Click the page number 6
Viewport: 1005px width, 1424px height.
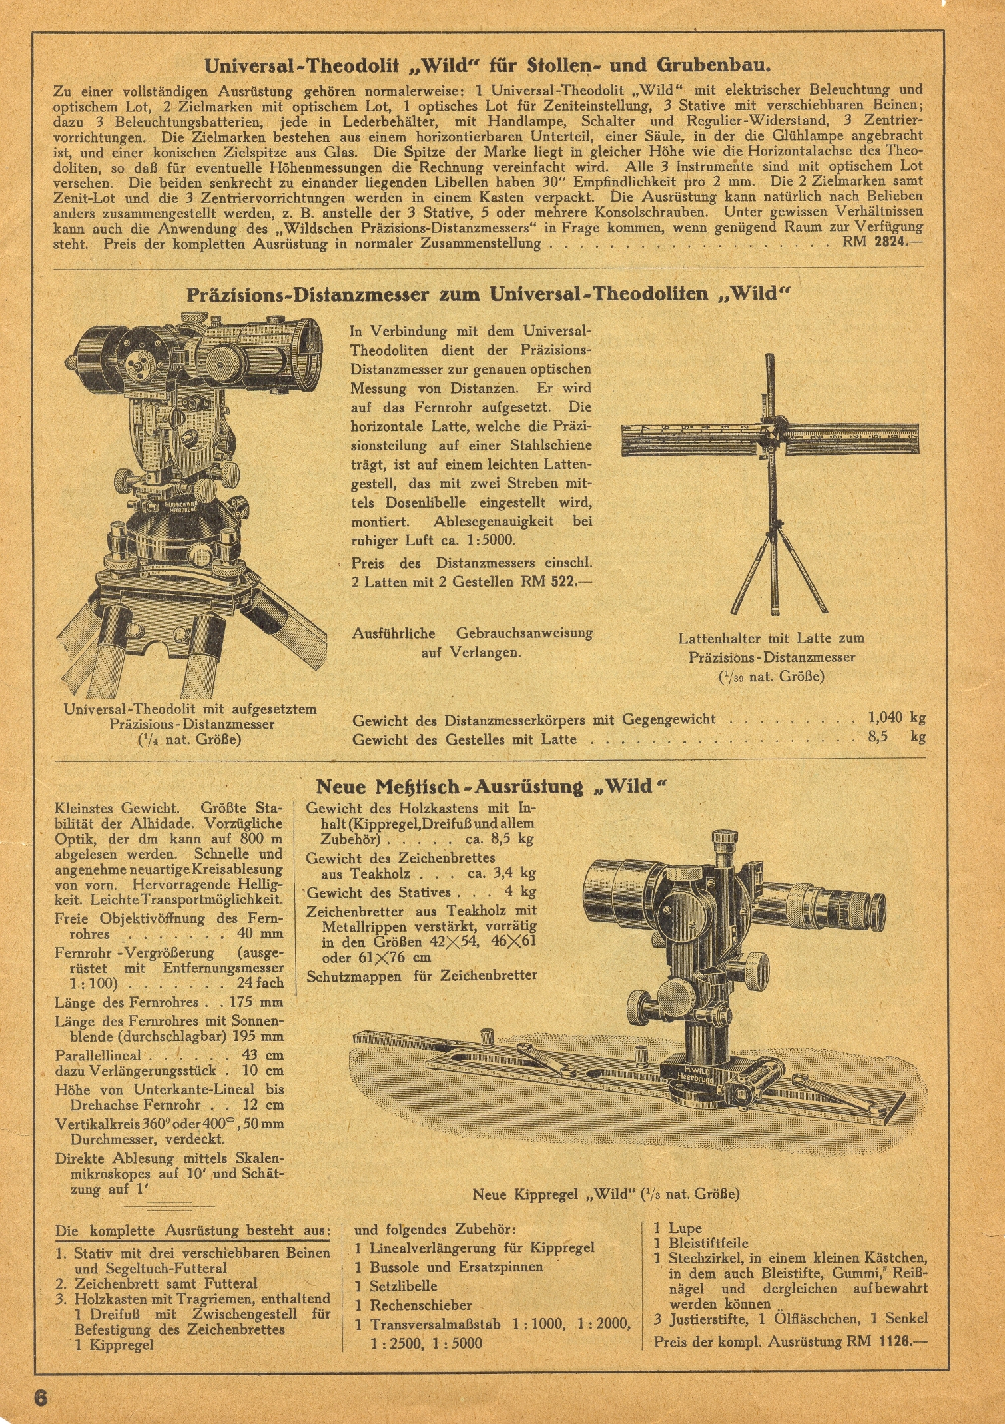(x=41, y=1397)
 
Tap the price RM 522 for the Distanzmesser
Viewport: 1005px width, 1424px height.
(x=548, y=581)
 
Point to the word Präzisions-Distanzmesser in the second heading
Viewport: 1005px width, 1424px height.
(x=307, y=294)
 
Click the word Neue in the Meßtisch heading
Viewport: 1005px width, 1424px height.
(x=341, y=787)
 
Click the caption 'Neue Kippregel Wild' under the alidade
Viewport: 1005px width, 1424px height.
(x=605, y=1194)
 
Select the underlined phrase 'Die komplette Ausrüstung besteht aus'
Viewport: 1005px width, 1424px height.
(x=192, y=1230)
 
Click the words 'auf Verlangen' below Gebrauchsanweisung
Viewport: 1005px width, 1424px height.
(x=471, y=652)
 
